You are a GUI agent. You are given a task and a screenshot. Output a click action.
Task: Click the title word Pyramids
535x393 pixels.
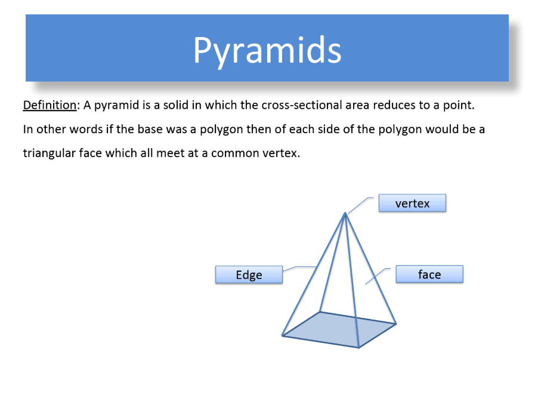tap(267, 51)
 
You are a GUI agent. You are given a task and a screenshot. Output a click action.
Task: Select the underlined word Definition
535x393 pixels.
tap(50, 105)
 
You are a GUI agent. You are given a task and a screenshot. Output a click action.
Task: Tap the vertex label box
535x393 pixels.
tap(412, 203)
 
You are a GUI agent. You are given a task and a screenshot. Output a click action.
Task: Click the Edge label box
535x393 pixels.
tap(249, 274)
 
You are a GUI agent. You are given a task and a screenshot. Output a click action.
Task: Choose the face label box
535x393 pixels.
tap(429, 274)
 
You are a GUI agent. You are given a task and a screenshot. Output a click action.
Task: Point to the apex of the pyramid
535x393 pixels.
tap(345, 213)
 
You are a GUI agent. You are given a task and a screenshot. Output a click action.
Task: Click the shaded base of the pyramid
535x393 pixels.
tap(339, 330)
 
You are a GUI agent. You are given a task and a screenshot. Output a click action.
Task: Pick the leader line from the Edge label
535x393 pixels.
tap(299, 268)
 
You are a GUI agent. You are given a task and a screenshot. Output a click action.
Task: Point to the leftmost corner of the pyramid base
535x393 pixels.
tap(282, 336)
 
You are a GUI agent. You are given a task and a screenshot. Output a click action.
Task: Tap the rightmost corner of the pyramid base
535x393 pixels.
tap(396, 324)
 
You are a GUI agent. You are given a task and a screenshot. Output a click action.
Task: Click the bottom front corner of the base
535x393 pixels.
tap(359, 348)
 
